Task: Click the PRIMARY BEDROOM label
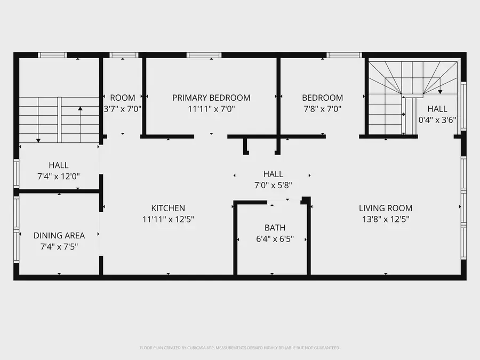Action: [211, 98]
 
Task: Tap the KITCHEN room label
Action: [168, 208]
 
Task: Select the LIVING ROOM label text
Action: [386, 208]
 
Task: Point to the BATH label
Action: [275, 227]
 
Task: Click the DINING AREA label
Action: [59, 235]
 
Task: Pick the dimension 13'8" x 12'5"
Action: [386, 219]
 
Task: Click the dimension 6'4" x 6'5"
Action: [275, 238]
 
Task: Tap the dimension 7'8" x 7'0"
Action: [322, 109]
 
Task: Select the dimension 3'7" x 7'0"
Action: [123, 109]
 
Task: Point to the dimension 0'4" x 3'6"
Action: [437, 120]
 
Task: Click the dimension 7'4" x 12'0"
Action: [59, 176]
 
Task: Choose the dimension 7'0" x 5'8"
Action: [273, 185]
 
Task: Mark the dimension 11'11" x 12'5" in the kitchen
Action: [168, 219]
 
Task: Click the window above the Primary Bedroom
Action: [204, 54]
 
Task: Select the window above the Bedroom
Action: [344, 54]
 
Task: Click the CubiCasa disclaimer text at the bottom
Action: [239, 348]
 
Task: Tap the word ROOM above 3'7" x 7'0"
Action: [123, 98]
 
